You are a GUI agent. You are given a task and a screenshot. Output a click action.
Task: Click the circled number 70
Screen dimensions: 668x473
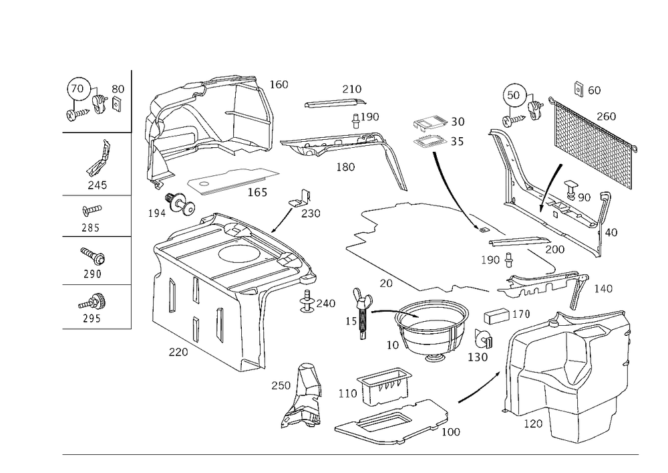(x=77, y=89)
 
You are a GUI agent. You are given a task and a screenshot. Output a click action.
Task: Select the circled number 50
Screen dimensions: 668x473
(x=513, y=95)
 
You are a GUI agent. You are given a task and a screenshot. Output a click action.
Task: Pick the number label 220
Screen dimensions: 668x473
(x=178, y=352)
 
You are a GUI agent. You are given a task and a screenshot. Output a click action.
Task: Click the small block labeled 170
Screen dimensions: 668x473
(x=496, y=316)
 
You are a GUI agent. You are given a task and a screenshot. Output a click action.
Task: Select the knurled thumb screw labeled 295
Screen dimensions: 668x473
(x=94, y=302)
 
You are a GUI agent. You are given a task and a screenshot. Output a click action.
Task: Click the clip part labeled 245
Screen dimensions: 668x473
(x=100, y=159)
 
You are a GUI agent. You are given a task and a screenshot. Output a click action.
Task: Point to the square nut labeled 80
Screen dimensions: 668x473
(x=116, y=103)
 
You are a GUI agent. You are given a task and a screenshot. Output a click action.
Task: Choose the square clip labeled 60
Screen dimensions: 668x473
(x=578, y=88)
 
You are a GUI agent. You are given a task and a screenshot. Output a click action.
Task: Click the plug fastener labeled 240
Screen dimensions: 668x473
(x=307, y=300)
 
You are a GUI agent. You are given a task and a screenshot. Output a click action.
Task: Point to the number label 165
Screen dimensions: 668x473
(x=257, y=193)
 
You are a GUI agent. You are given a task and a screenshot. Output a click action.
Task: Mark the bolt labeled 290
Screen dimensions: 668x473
(x=94, y=256)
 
